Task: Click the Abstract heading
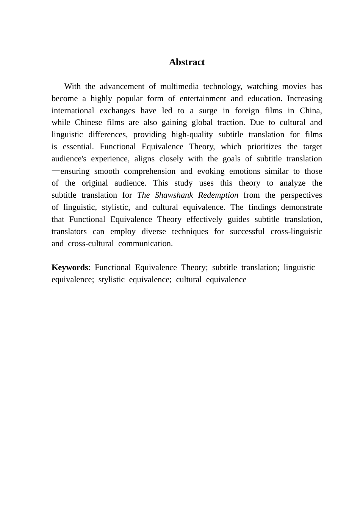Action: [187, 62]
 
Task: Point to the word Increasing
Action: [304, 98]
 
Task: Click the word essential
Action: [78, 147]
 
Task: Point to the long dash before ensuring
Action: [55, 171]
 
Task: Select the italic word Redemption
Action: [218, 195]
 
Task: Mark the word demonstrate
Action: [301, 207]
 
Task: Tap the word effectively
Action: [204, 219]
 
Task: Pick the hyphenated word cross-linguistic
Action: [296, 231]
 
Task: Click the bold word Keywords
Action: [70, 267]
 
